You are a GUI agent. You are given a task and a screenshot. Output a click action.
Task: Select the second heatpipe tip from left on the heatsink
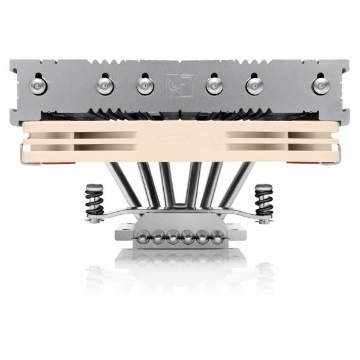pyautogui.click(x=105, y=86)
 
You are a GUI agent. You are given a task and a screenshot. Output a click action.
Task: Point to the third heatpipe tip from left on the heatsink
pyautogui.click(x=145, y=86)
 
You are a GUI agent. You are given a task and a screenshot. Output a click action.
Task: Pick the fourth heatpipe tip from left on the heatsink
pyautogui.click(x=214, y=86)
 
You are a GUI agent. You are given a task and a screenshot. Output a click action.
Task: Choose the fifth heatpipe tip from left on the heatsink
pyautogui.click(x=254, y=86)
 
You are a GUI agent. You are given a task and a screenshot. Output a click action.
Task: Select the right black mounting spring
pyautogui.click(x=263, y=200)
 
